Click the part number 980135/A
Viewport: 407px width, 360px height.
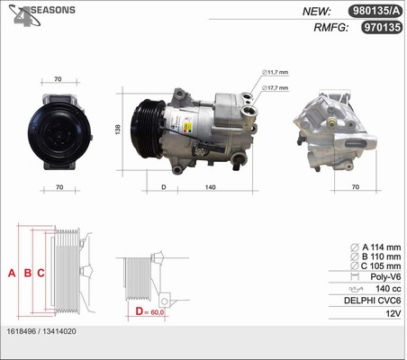pyautogui.click(x=375, y=11)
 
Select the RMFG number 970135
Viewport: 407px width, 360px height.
pyautogui.click(x=382, y=27)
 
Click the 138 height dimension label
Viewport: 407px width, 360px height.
pyautogui.click(x=118, y=130)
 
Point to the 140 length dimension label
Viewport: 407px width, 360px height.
pyautogui.click(x=211, y=187)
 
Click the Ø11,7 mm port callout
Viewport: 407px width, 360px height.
pyautogui.click(x=275, y=72)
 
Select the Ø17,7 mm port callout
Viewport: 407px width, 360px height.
pyautogui.click(x=275, y=88)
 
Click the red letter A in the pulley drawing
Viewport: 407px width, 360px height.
pyautogui.click(x=12, y=273)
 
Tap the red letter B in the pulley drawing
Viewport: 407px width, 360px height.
pyautogui.click(x=28, y=273)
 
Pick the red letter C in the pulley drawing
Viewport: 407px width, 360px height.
pyautogui.click(x=41, y=273)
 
